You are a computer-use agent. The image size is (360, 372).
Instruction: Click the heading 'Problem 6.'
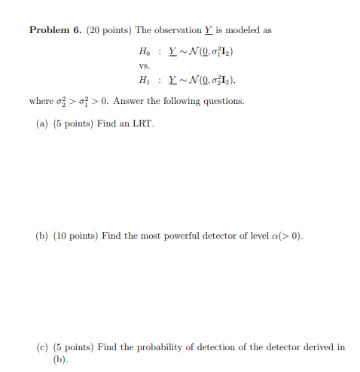pos(56,31)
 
